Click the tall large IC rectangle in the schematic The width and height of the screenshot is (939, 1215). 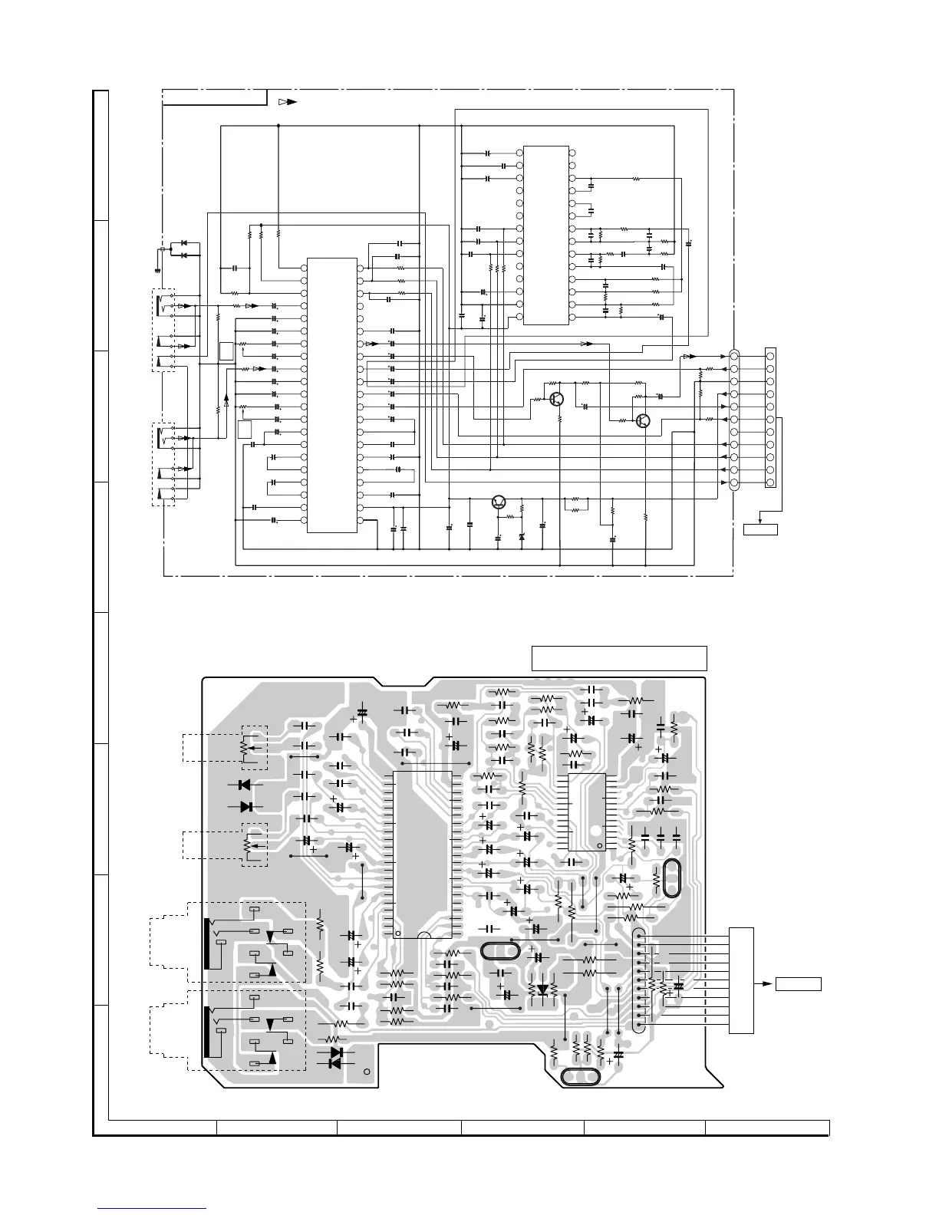click(331, 395)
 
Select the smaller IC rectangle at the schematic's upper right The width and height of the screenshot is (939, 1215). click(545, 235)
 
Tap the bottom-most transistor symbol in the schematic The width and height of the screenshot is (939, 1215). click(499, 502)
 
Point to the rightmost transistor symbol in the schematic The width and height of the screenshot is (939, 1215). click(644, 420)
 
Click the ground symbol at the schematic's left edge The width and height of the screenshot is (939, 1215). click(156, 269)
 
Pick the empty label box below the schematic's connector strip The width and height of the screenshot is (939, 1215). click(760, 528)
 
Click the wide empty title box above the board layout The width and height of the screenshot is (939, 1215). click(618, 658)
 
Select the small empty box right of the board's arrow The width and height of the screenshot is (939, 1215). click(799, 984)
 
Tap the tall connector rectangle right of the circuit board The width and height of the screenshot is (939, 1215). click(741, 980)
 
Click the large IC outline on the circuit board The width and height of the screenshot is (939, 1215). click(422, 854)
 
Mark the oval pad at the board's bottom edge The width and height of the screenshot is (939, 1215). click(581, 1077)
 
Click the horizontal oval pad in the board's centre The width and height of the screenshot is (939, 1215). click(500, 951)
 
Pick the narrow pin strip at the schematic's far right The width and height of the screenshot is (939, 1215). click(770, 418)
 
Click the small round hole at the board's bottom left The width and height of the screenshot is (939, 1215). click(367, 1072)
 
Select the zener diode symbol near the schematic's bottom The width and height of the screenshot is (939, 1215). click(522, 538)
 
